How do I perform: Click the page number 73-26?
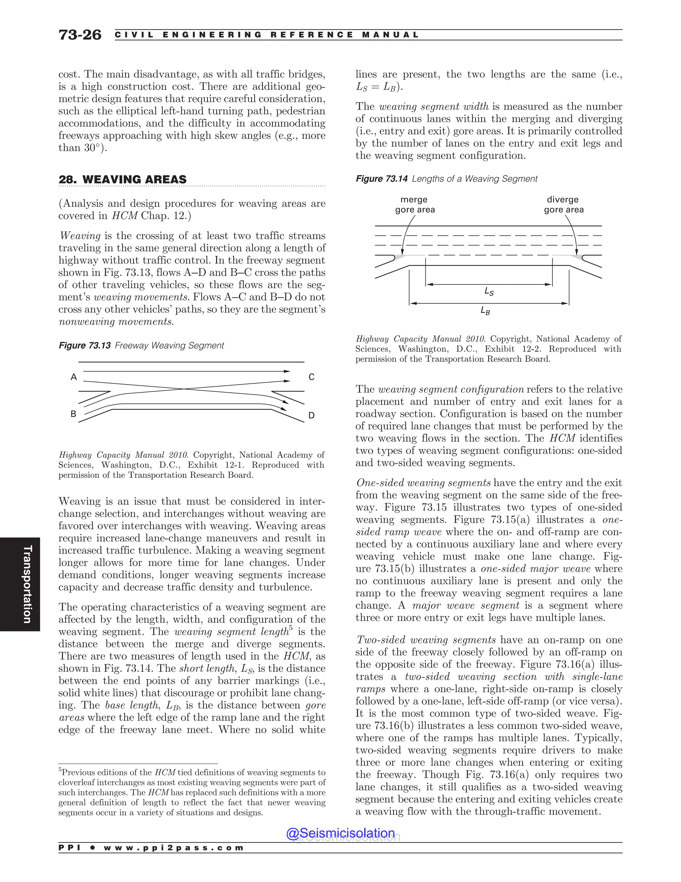[80, 35]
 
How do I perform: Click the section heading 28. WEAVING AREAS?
[122, 179]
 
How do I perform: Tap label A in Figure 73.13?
[73, 377]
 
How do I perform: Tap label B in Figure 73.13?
[73, 414]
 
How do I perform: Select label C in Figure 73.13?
[311, 377]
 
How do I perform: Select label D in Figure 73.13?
[311, 415]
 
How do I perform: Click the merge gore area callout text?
[414, 204]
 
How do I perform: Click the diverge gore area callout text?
[563, 204]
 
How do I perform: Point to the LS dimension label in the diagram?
[488, 291]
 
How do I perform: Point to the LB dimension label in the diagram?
[485, 311]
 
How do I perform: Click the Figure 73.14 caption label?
[381, 179]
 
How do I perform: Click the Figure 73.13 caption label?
[84, 346]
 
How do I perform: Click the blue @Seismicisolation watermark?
[340, 833]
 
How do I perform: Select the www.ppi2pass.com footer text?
[174, 848]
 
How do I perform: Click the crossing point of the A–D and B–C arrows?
[184, 389]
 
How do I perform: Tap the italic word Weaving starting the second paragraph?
[79, 236]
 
